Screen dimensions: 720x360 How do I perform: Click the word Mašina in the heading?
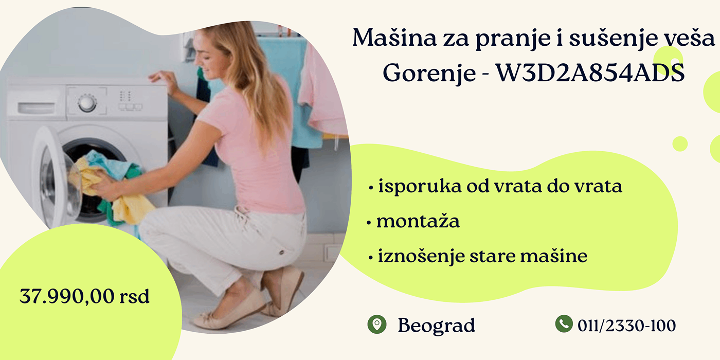(394, 38)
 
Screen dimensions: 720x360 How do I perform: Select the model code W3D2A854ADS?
(590, 73)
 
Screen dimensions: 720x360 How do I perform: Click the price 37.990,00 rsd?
(84, 296)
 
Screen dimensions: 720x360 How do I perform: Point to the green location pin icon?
(376, 324)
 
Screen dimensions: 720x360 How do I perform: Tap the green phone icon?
(564, 323)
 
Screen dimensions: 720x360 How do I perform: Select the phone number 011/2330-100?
(626, 326)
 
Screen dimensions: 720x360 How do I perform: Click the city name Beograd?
(436, 326)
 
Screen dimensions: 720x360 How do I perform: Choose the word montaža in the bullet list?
(418, 221)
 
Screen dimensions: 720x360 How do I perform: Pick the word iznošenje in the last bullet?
(421, 257)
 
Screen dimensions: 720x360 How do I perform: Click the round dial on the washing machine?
(87, 103)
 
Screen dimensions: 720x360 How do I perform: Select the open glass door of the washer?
(55, 180)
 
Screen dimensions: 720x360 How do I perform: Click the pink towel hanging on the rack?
(321, 93)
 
